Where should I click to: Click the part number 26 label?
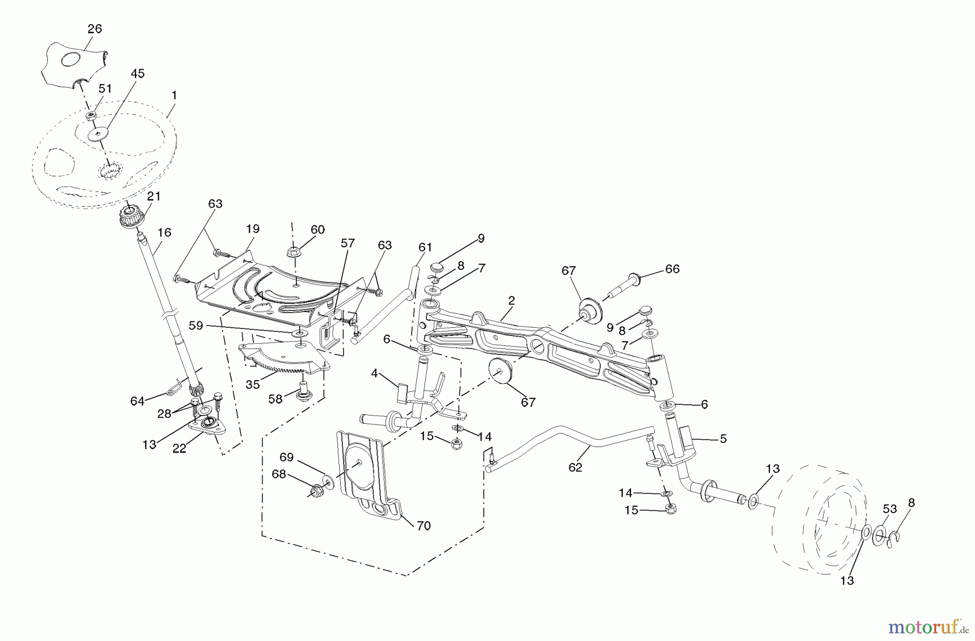click(95, 29)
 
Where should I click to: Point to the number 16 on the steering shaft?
click(164, 232)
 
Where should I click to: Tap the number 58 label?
click(275, 399)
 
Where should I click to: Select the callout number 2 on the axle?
click(511, 301)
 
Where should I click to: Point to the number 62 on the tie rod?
click(575, 467)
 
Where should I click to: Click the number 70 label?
click(424, 526)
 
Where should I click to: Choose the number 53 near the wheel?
click(890, 509)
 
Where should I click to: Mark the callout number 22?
click(179, 449)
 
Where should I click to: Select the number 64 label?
click(137, 401)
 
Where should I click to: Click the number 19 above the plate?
click(253, 229)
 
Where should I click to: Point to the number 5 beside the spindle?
click(723, 438)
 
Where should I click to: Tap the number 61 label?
click(425, 247)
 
